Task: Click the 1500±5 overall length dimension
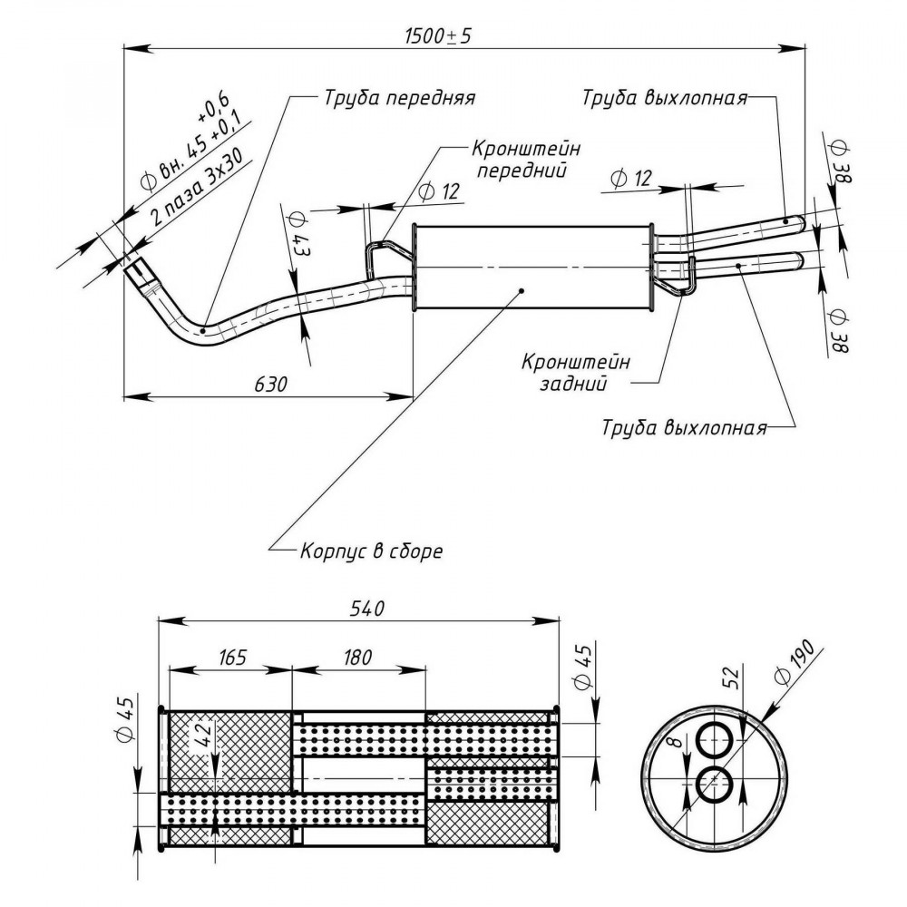coord(438,36)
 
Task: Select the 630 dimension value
coord(270,384)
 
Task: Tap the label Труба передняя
coord(399,98)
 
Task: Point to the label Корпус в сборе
coord(371,551)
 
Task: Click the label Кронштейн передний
coord(526,159)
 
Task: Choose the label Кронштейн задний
coord(576,373)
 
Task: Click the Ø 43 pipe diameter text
coord(299,235)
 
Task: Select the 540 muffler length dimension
coord(367,609)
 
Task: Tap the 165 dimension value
coord(232,657)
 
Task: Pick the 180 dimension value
coord(357,657)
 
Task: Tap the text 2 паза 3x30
coord(196,185)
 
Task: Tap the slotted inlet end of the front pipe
coord(139,272)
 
